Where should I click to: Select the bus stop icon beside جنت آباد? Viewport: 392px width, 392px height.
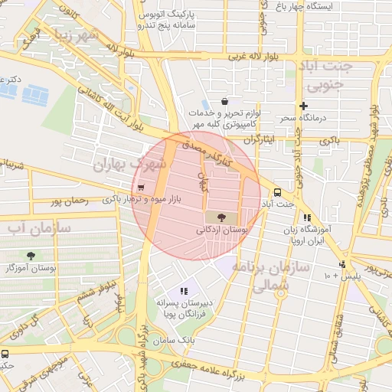276,192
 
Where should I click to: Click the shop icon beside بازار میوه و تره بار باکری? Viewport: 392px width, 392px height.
140,188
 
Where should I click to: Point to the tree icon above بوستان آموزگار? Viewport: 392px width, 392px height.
31,256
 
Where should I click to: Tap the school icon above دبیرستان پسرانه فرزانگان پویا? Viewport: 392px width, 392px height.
183,291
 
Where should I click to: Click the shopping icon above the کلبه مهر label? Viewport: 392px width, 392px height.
224,101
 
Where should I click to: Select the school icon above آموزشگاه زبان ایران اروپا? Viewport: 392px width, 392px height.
307,218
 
